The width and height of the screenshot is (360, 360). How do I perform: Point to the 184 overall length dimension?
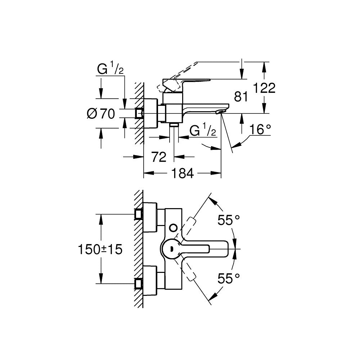[x=183, y=174]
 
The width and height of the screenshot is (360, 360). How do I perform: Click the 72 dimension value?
[x=158, y=157]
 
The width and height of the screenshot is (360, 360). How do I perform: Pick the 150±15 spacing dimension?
[x=101, y=249]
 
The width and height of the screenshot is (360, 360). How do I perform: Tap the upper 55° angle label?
[x=229, y=220]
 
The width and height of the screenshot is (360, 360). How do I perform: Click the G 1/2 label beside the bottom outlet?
[x=203, y=131]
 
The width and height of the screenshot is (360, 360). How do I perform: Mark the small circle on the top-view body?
[x=174, y=227]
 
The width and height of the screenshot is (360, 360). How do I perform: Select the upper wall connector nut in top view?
[x=138, y=214]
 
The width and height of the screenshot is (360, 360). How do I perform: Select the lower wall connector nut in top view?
[x=138, y=284]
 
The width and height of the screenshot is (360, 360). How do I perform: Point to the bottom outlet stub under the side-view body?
[x=174, y=125]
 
